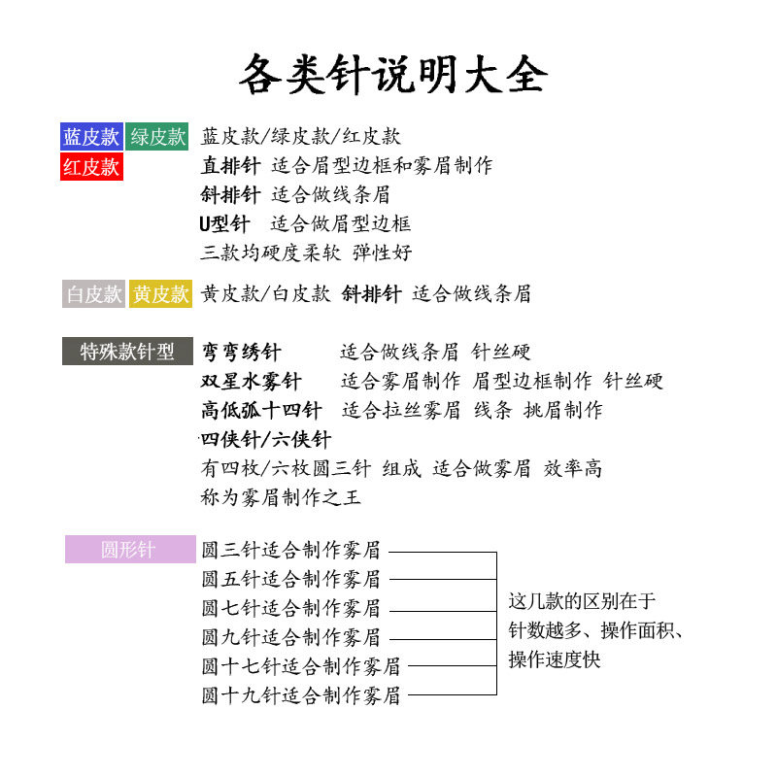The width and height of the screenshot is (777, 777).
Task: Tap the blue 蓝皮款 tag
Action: [91, 137]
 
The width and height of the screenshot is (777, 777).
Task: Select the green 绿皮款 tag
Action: [157, 137]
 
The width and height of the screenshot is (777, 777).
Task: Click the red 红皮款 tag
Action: [91, 166]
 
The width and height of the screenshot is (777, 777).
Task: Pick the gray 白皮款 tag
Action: [93, 294]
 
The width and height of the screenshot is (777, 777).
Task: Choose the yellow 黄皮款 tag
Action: [160, 294]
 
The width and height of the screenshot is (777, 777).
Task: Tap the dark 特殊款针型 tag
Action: [127, 352]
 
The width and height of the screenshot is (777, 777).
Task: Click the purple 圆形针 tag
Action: [129, 550]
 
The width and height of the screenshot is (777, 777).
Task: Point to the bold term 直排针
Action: [230, 166]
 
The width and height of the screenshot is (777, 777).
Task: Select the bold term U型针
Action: [224, 224]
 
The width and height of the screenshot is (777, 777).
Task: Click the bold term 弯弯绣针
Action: [241, 352]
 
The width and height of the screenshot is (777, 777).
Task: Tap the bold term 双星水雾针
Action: [251, 381]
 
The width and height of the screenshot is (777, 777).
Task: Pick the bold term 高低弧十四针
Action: [260, 410]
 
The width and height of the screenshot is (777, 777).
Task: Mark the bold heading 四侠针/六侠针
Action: [266, 439]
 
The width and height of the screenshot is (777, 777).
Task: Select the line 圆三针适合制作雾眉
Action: [290, 550]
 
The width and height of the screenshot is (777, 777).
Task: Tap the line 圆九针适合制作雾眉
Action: [290, 637]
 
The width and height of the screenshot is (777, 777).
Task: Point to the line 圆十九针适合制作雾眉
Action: [300, 695]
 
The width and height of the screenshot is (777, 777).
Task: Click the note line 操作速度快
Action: [555, 659]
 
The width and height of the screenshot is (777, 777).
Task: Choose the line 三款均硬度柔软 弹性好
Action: [306, 253]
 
